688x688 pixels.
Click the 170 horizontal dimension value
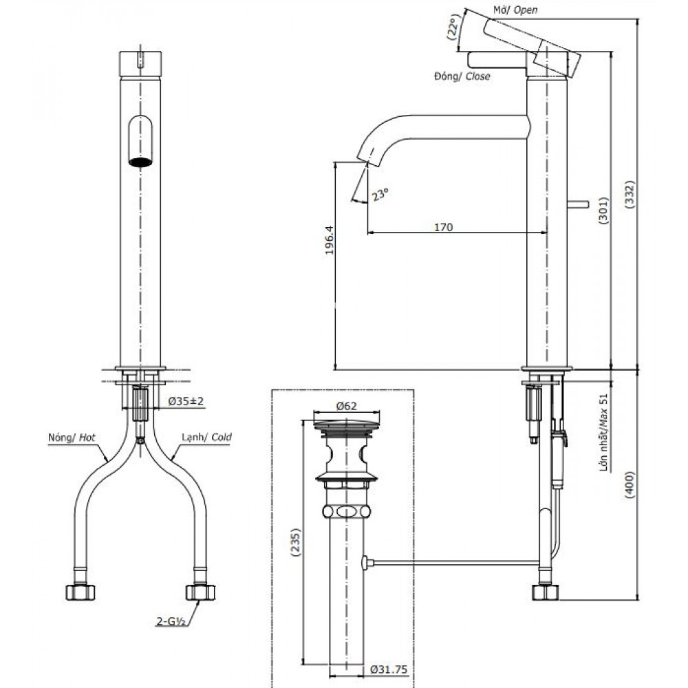(x=444, y=227)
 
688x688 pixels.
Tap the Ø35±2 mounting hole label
(x=186, y=401)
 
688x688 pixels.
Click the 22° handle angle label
(x=453, y=30)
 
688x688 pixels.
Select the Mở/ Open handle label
(x=515, y=10)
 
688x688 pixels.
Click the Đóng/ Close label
(x=462, y=76)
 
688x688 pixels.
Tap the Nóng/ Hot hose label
(x=71, y=437)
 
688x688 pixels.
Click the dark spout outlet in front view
(x=140, y=163)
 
